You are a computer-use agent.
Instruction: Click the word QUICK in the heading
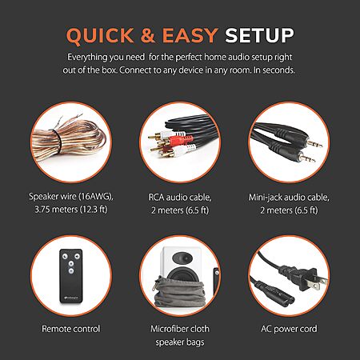(x=100, y=35)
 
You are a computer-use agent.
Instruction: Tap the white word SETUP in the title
(x=259, y=35)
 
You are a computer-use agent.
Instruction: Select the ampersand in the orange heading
(x=148, y=35)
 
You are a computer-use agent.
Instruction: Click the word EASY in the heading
(x=190, y=35)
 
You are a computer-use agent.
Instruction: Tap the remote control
(x=71, y=276)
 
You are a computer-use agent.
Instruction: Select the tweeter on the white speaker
(x=182, y=258)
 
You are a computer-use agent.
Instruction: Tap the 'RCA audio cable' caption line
(x=180, y=198)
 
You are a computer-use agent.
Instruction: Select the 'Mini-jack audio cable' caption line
(x=289, y=198)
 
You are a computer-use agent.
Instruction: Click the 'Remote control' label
(x=71, y=329)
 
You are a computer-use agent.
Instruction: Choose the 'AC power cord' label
(x=289, y=329)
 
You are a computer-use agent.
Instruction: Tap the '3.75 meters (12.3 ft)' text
(x=71, y=210)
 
